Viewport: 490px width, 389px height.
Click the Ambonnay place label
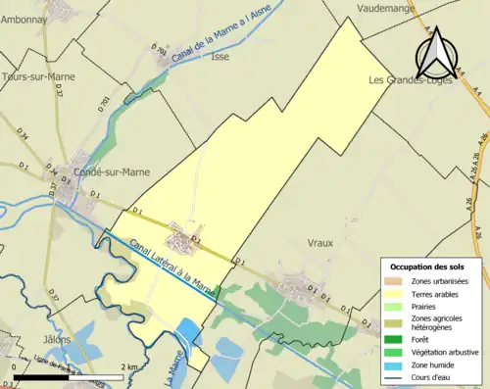[24, 19]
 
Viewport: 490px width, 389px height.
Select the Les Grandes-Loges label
[406, 80]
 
